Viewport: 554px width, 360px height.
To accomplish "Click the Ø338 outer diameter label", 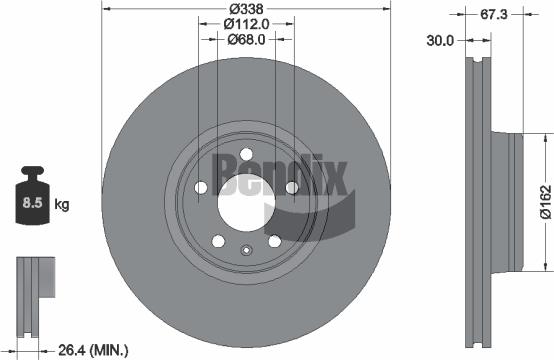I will coord(246,9).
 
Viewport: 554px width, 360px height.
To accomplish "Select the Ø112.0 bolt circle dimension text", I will coord(246,24).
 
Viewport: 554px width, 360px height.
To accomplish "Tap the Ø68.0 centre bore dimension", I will coord(246,40).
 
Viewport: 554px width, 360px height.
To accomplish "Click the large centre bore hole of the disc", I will coord(245,211).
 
